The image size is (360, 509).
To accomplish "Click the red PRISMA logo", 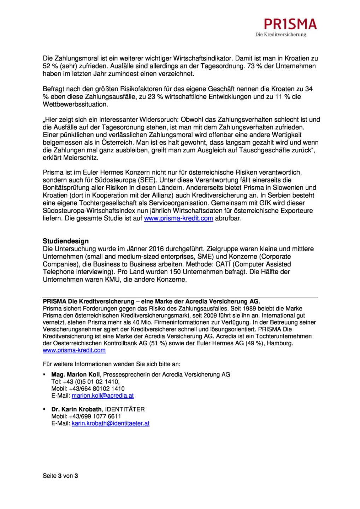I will click(290, 24).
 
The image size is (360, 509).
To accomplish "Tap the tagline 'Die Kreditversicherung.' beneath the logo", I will click(281, 35).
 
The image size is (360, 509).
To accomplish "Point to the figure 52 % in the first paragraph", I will click(50, 66).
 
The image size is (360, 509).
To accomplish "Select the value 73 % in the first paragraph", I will click(255, 66).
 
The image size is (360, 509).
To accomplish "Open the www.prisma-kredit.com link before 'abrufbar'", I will click(178, 218).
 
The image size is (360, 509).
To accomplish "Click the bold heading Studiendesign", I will click(66, 241).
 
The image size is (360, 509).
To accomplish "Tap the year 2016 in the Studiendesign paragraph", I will click(156, 249).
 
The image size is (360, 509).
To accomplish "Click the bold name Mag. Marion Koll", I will click(76, 375).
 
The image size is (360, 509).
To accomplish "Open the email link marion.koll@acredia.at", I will click(102, 396).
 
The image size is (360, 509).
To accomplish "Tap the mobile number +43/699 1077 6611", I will click(95, 416).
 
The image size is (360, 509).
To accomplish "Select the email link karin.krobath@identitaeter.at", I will click(110, 423).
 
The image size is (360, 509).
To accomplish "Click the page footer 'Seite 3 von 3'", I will click(60, 476).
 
